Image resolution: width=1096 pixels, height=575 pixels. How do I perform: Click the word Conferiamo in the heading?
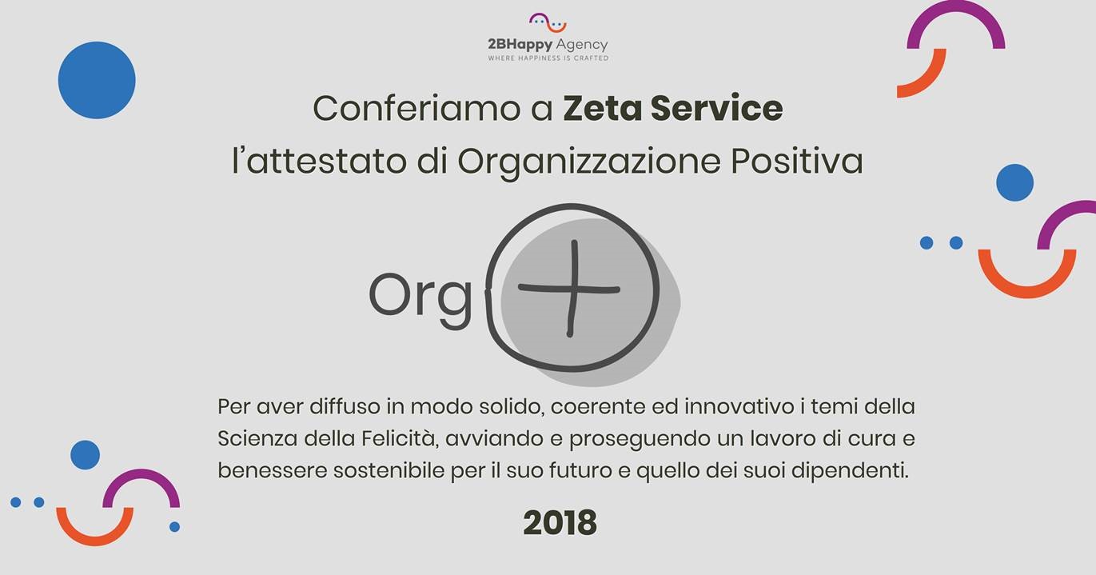416,108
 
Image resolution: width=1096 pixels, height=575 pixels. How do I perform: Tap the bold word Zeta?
602,108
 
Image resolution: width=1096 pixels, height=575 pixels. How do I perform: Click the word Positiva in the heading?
797,161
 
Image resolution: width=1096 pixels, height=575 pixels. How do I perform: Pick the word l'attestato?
319,161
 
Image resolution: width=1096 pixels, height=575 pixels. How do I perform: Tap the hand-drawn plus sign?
569,289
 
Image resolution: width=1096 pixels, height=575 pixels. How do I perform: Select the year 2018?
560,523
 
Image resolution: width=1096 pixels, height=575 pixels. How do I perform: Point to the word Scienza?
257,438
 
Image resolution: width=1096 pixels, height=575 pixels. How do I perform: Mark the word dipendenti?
851,472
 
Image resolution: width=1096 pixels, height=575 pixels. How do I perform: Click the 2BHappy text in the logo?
520,45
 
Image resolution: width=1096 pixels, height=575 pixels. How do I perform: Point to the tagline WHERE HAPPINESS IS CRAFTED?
548,58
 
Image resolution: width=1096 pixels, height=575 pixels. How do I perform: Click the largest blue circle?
97,80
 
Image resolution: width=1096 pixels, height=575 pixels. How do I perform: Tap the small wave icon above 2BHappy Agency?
548,22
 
